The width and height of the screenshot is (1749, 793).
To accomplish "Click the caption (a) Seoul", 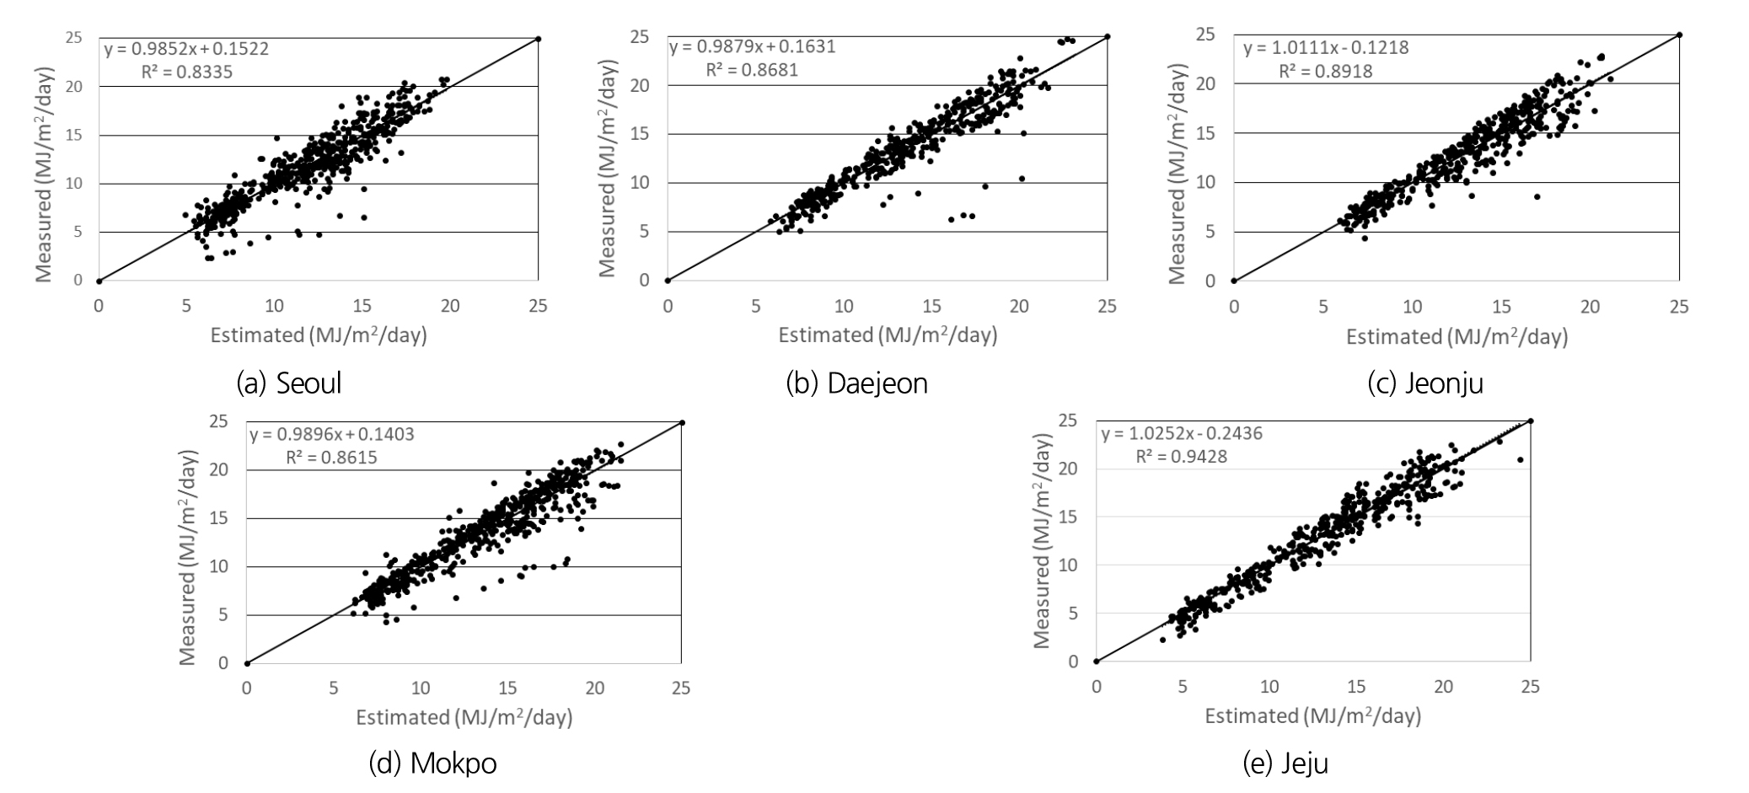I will point(289,383).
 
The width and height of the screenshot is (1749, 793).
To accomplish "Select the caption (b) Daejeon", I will point(856,383).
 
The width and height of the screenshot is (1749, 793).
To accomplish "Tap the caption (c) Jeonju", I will point(1425,383).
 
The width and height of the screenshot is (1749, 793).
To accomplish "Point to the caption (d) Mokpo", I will point(432,764).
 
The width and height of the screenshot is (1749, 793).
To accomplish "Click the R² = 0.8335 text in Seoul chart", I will point(187,72).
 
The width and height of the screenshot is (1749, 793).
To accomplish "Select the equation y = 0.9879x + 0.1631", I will point(752,46).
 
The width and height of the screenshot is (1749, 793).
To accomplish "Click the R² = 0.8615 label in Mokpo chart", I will point(331,458).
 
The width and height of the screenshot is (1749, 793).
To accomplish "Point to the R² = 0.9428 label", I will point(1181,457).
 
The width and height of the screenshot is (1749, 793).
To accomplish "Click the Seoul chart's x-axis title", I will point(319,335).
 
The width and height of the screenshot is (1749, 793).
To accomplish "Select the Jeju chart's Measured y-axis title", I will point(1043,541).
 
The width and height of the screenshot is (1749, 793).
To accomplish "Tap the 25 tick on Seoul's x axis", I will point(538,307).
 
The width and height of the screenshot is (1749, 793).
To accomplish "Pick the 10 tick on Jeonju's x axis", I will point(1412,307).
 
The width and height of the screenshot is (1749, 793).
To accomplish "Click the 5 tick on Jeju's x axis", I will point(1183,687).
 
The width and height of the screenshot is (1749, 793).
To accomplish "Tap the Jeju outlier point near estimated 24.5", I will point(1520,459).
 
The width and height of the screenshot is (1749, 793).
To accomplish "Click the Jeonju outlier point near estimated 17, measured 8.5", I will point(1537,196).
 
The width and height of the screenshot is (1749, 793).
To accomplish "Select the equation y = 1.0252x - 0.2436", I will point(1182,434).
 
